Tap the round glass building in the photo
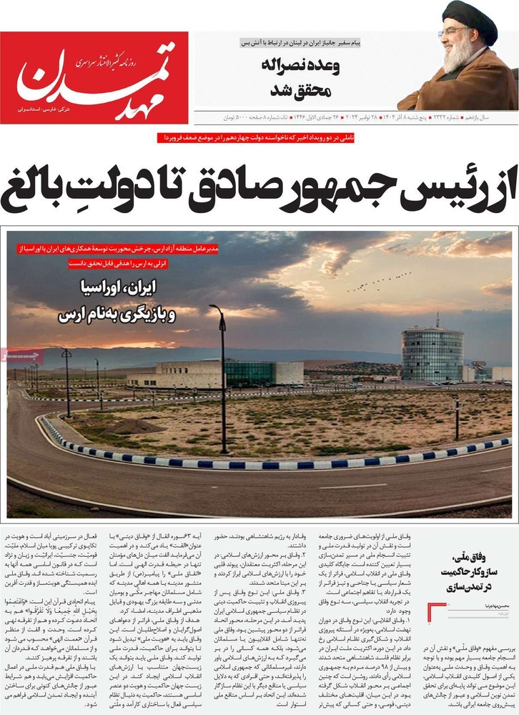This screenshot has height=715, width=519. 432,353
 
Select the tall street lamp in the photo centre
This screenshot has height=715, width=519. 222,379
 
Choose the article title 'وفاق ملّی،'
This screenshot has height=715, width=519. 478,557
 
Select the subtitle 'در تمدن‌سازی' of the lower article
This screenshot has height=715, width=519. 478,586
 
